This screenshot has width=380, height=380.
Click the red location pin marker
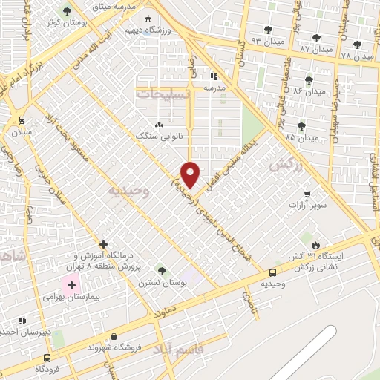191,174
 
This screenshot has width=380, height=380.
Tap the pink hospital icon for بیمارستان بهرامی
72,284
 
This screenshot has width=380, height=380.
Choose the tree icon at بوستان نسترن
162,271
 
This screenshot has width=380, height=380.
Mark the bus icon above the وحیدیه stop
273,272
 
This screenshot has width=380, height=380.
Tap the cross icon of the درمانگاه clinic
103,244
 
